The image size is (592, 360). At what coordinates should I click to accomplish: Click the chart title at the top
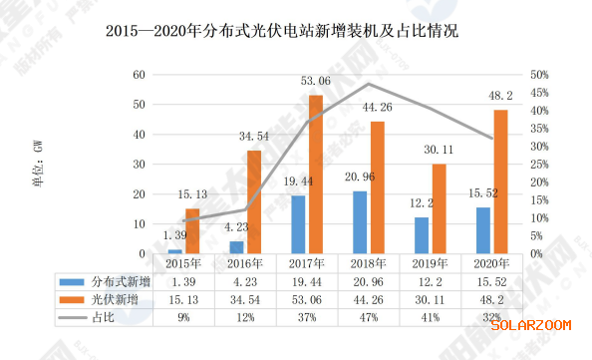(x=282, y=31)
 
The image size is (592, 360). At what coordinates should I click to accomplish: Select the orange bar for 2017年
(x=316, y=175)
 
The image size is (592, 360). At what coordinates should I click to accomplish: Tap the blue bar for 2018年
(x=360, y=222)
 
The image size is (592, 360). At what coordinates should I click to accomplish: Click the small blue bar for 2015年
(x=174, y=251)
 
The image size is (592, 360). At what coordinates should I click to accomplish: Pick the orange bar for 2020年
(x=500, y=181)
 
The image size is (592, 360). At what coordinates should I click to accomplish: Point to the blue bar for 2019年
(x=422, y=235)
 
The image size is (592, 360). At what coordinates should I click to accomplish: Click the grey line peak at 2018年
(x=369, y=84)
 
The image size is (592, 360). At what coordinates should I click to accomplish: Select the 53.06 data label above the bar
(x=316, y=81)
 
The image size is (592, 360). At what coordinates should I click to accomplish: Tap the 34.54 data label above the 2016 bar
(x=254, y=136)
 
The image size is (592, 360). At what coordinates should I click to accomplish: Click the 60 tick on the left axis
(x=139, y=75)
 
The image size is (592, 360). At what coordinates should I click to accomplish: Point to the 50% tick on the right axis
(x=539, y=75)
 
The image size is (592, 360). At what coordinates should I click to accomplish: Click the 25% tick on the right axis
(x=539, y=165)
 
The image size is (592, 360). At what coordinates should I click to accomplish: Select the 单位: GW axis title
(x=38, y=164)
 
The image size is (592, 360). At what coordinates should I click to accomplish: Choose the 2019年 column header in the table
(x=430, y=263)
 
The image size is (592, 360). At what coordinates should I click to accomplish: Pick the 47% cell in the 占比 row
(x=369, y=318)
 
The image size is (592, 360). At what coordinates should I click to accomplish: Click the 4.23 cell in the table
(x=245, y=282)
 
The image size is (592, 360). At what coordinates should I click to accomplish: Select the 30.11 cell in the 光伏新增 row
(x=430, y=300)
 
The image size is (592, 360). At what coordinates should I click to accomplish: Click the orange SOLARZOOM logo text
(x=531, y=325)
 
